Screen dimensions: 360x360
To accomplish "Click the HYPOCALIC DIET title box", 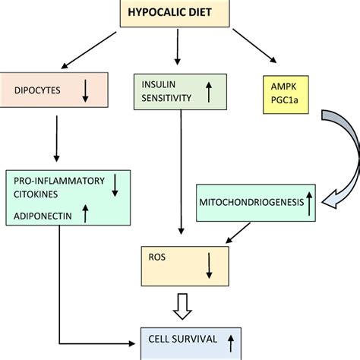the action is click(x=175, y=13).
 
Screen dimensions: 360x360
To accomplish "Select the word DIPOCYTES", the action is click(x=37, y=90).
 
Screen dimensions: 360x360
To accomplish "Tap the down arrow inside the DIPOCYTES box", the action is click(x=85, y=91).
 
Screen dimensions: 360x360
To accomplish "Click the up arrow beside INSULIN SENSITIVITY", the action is click(x=209, y=92).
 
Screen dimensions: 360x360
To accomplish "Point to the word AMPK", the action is click(x=283, y=87).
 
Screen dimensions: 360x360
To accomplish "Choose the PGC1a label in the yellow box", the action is click(x=284, y=100).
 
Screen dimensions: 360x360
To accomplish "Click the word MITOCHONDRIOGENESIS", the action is click(x=251, y=202).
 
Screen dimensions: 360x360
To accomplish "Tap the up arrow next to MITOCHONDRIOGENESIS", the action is click(x=309, y=204).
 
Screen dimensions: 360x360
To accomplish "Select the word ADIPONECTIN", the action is click(x=43, y=216).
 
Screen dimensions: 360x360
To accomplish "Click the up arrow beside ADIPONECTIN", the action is click(x=85, y=213).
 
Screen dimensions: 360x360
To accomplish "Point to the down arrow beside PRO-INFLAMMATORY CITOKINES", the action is click(x=115, y=185).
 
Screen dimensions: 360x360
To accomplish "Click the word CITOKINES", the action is click(x=36, y=194).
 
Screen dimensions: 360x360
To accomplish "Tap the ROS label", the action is click(x=157, y=257).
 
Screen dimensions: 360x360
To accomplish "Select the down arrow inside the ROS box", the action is click(x=209, y=266).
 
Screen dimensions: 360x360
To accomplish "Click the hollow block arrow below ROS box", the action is click(x=182, y=306).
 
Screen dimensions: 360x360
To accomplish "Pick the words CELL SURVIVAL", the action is click(x=183, y=339).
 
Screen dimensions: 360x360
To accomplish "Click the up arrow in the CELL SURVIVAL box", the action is click(x=231, y=343).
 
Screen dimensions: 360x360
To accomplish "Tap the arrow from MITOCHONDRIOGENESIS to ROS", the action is click(x=238, y=233).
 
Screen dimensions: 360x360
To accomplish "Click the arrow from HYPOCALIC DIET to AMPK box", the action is click(x=254, y=46).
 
